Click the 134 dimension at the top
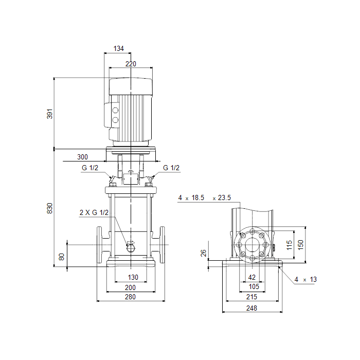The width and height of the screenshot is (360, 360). point(118,48)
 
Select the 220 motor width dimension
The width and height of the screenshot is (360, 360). point(131,64)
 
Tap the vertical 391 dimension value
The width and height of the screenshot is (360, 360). point(50,114)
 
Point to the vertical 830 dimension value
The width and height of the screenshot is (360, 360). point(50,208)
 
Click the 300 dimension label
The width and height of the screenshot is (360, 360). point(82,157)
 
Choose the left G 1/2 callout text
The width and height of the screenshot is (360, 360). point(90,168)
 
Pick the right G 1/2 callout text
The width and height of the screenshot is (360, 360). point(171,168)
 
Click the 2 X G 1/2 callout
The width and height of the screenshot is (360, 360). point(94,212)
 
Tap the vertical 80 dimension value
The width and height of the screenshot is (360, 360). point(62,257)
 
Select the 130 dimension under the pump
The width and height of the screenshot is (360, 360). point(133,277)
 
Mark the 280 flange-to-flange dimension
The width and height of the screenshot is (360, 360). point(130,297)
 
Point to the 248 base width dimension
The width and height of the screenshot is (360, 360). point(251,308)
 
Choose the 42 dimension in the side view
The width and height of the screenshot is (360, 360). point(252,277)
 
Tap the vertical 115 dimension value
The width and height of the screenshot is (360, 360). point(289,245)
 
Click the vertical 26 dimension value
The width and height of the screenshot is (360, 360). point(204,253)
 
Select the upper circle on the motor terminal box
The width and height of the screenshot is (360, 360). point(115,111)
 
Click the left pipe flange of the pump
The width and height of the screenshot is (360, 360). point(99,245)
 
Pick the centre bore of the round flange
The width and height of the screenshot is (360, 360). point(253,245)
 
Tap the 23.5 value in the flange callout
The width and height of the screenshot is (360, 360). point(224,197)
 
